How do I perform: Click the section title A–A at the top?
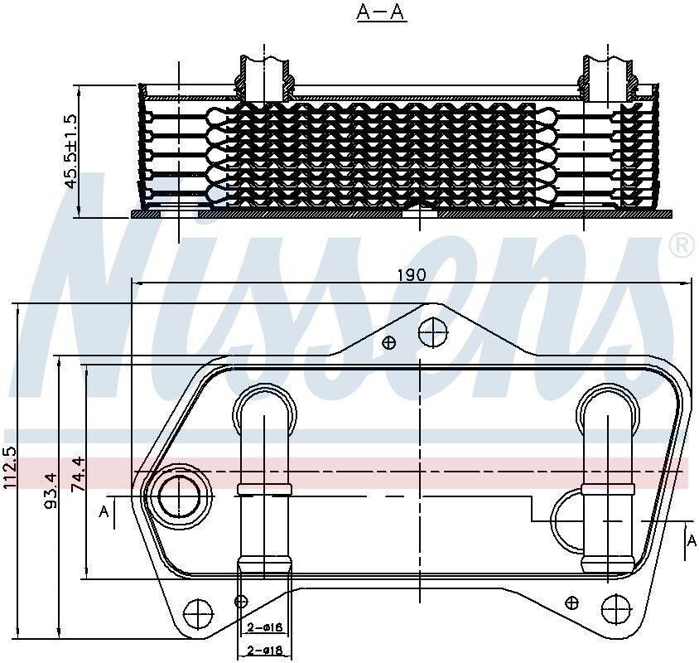point(382,14)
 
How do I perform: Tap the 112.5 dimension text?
point(10,468)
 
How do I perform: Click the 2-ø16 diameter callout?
point(264,628)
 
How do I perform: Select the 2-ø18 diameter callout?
point(264,651)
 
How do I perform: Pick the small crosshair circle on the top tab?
point(389,341)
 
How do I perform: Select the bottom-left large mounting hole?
point(199,613)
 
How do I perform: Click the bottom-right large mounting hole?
point(616,613)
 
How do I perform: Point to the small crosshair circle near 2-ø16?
point(241,601)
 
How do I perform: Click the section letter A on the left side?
point(104,512)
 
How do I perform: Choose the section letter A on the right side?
point(692,540)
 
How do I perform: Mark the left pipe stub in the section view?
point(265,76)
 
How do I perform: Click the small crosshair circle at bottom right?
point(573,601)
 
